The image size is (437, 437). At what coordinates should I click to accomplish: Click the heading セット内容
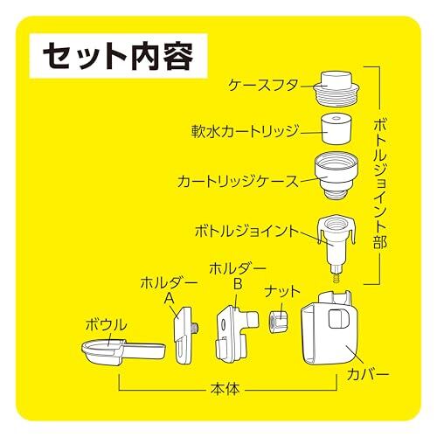(x=118, y=56)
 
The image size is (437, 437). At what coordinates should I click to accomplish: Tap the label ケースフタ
(x=264, y=86)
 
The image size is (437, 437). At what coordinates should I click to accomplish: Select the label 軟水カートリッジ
(x=246, y=132)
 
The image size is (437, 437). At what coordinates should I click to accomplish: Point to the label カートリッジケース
(x=239, y=181)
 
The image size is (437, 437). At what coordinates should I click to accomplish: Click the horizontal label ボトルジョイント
(x=247, y=232)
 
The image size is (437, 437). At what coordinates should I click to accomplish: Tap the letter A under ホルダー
(x=169, y=298)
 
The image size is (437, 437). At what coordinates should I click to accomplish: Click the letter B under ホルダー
(x=238, y=283)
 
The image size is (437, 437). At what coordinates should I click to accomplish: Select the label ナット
(x=282, y=292)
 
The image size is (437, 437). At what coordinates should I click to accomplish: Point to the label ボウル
(x=107, y=325)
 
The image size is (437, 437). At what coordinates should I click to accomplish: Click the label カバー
(x=368, y=375)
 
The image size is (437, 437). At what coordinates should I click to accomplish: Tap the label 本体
(x=225, y=389)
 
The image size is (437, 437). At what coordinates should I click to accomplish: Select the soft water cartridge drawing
(x=336, y=128)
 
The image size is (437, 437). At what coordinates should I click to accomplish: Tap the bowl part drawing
(x=123, y=351)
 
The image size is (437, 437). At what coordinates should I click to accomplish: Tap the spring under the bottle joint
(x=336, y=277)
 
